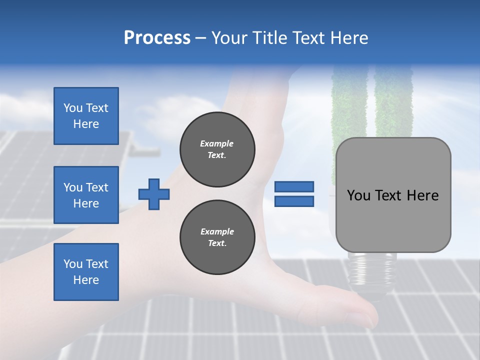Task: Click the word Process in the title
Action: coord(157,38)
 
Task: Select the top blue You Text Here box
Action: coord(86,116)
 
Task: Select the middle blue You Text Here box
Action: coord(86,195)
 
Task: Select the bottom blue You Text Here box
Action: coord(86,272)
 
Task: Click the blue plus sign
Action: coord(154,193)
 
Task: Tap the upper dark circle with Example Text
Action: coord(217,149)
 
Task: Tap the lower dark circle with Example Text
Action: coord(217,237)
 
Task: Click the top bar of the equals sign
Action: coord(294,187)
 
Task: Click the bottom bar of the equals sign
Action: coord(294,201)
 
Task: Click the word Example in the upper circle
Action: coord(217,143)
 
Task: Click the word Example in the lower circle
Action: coord(217,231)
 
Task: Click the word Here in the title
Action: coord(348,38)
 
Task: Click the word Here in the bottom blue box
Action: coord(86,280)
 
